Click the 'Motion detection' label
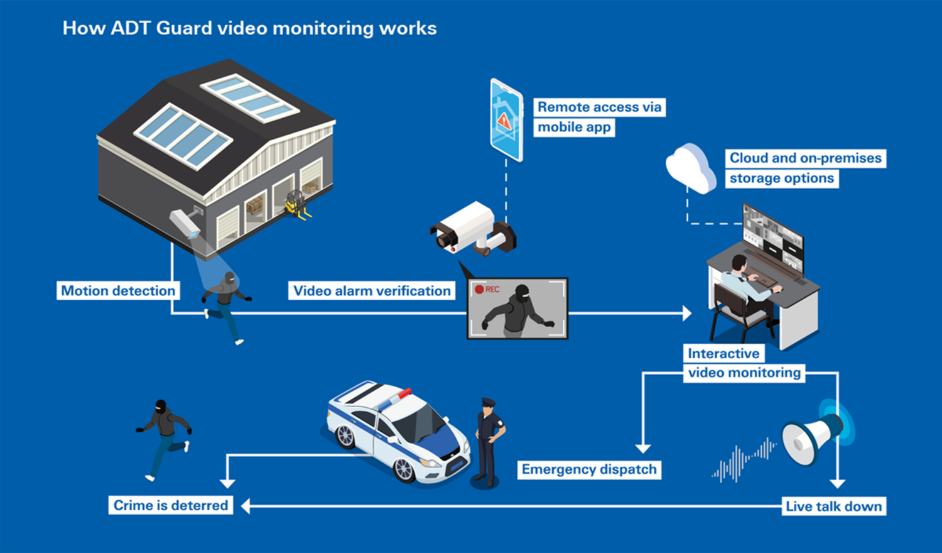point(118,290)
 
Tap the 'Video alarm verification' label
point(372,290)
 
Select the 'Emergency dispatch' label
point(589,469)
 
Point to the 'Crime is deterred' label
point(170,505)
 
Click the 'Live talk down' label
point(834,506)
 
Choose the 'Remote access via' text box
point(599,107)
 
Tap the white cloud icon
point(690,167)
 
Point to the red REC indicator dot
point(479,290)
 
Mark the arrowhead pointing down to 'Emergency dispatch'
point(642,448)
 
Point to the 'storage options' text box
point(781,178)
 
